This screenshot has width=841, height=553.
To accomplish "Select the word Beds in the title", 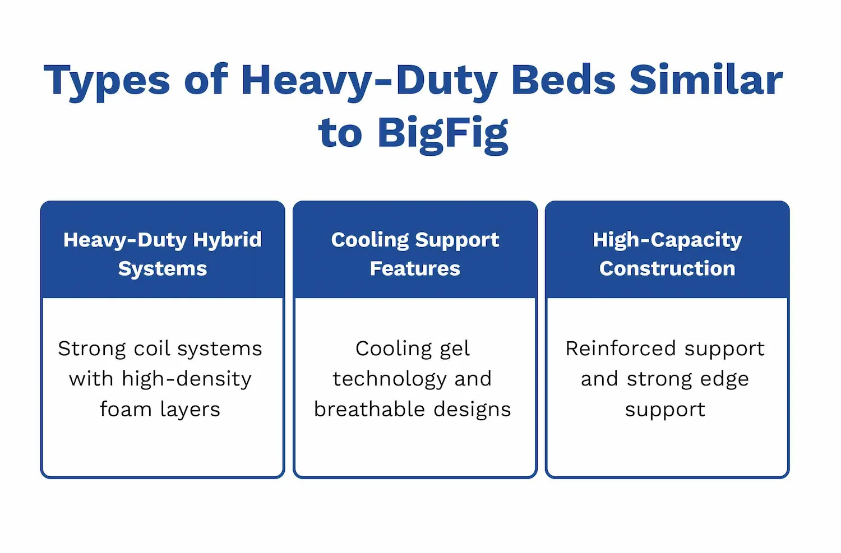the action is pos(563,79).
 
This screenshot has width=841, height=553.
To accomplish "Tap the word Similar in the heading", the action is pos(706,79).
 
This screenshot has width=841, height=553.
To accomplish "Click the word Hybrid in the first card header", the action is pos(227,240).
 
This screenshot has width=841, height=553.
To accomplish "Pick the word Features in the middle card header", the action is pos(415,268).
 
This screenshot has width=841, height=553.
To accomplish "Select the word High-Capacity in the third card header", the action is pos(667,240).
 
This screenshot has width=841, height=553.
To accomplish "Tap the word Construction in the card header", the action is pos(667,268).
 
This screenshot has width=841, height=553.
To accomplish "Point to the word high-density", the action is pos(186,379).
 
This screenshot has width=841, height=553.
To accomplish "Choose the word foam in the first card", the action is pos(126,409).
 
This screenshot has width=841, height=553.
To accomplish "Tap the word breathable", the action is pos(369,409).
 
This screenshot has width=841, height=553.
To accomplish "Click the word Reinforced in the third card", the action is pos(620,348).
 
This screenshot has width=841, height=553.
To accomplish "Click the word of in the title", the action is pos(206,79).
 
